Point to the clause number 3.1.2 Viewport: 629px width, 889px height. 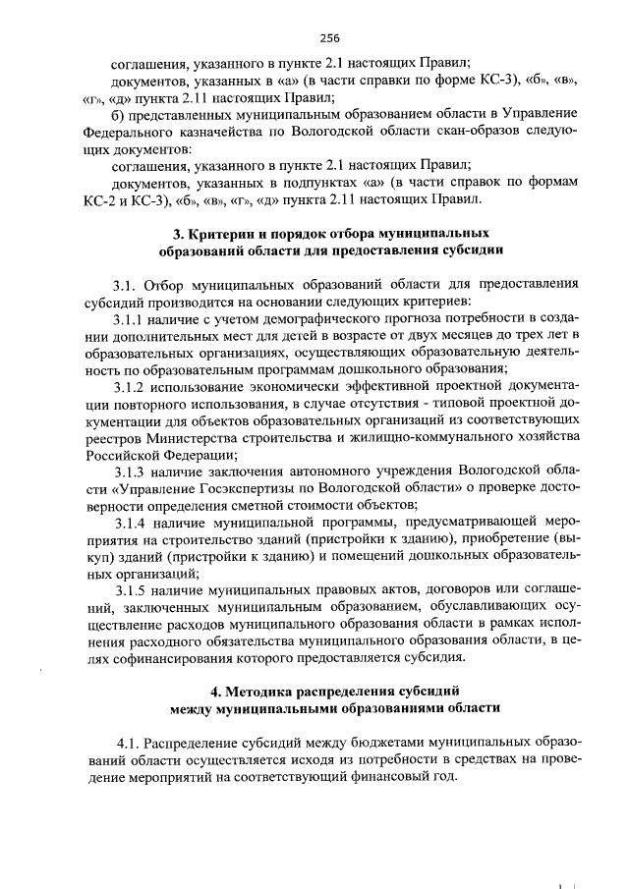click(130, 387)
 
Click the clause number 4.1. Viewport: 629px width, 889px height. click(131, 739)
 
